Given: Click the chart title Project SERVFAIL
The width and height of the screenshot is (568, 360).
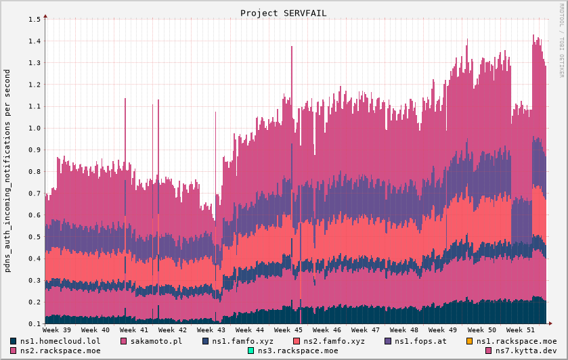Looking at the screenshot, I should point(284,13).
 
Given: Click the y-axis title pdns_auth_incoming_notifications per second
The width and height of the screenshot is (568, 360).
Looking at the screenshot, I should point(7,171).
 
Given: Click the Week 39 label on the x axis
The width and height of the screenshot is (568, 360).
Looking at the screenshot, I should point(56,330).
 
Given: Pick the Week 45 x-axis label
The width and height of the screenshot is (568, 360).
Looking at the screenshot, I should point(288,330).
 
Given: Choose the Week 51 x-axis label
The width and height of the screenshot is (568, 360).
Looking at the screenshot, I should point(521,330).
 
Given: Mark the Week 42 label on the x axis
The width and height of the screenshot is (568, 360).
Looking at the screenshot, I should point(173,330).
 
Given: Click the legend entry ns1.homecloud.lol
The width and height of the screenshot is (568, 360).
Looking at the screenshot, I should point(60,341).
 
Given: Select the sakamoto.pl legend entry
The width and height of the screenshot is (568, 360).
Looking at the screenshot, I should point(156,341).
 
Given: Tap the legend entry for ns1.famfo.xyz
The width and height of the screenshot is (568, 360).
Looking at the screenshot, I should point(242,341).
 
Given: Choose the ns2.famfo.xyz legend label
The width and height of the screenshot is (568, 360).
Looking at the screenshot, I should point(334,341).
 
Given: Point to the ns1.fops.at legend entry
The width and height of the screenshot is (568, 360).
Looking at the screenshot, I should point(420,341).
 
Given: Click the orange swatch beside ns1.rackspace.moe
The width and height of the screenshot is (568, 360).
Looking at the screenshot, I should point(471,341).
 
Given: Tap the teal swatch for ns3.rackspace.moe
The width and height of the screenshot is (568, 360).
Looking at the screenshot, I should point(251,351).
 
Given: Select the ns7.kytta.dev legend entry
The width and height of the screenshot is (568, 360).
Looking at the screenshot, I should point(525,351).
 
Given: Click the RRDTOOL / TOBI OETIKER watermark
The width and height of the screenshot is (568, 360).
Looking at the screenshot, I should point(561,40).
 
